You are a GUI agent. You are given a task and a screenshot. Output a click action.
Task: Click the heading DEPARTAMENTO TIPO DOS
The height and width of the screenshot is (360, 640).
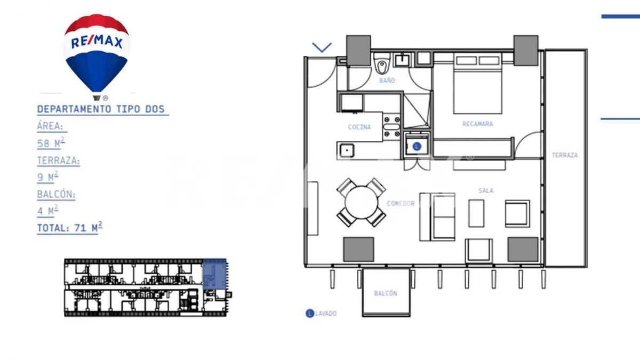click(102, 109)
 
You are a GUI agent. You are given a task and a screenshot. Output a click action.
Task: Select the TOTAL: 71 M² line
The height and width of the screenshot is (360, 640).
click(69, 228)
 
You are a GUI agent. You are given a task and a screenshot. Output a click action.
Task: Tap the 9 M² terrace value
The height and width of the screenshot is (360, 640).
click(47, 177)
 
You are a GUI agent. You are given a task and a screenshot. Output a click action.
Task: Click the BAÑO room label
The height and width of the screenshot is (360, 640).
click(387, 81)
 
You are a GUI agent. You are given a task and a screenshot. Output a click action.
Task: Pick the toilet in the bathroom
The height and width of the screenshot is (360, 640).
click(381, 66)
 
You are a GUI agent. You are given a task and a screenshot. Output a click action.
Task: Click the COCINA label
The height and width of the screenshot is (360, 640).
click(359, 127)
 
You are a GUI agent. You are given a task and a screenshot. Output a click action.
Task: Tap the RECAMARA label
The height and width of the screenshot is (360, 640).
click(477, 124)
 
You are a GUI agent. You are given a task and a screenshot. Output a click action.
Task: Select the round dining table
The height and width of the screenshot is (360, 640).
click(361, 203)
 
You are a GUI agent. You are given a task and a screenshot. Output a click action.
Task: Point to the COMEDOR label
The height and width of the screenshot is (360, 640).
click(400, 203)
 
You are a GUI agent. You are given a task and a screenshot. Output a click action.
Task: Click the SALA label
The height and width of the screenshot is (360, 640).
click(485, 190)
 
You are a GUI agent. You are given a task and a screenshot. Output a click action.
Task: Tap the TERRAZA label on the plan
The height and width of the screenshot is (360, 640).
click(564, 155)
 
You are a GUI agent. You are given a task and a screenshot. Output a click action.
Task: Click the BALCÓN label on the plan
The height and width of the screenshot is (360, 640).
click(385, 293)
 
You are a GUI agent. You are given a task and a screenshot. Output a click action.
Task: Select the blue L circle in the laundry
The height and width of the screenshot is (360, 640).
click(417, 146)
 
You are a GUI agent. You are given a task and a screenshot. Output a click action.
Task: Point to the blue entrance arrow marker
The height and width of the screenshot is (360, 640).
click(322, 47)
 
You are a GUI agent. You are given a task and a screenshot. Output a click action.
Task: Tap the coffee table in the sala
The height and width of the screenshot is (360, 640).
click(476, 213)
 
